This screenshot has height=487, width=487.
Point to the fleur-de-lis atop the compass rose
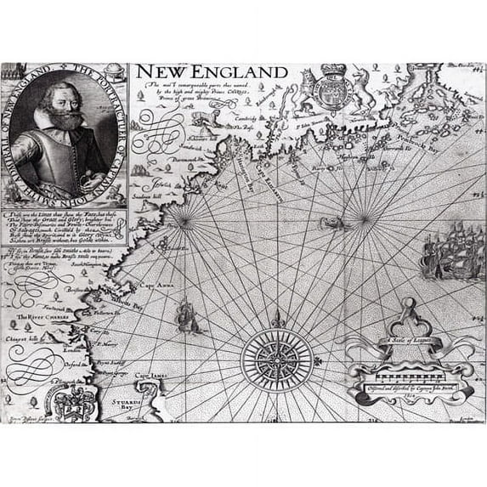tap(275, 319)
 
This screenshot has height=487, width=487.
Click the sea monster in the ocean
tap(331, 224)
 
